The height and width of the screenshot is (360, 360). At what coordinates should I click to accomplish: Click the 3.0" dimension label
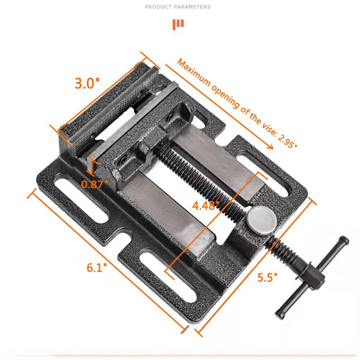(87, 84)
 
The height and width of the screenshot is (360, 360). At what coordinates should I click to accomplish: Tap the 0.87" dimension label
(95, 183)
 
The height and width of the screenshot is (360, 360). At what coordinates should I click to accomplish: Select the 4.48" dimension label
(206, 206)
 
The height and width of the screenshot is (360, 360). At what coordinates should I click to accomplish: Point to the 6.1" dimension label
(97, 267)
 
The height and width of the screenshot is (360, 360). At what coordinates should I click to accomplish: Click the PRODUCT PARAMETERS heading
(178, 7)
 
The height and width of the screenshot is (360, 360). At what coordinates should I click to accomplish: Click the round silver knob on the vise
(261, 218)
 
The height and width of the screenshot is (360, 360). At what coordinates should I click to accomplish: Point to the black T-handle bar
(313, 275)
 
